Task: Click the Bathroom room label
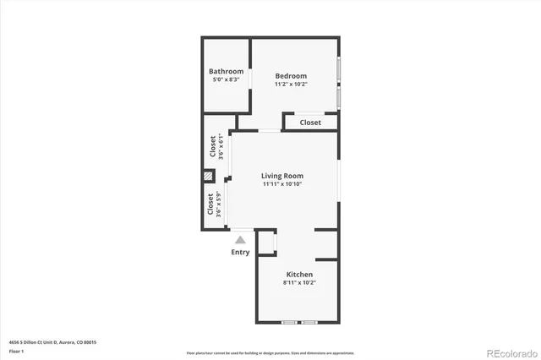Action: pyautogui.click(x=227, y=71)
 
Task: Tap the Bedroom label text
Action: pyautogui.click(x=290, y=75)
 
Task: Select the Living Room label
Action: pyautogui.click(x=281, y=176)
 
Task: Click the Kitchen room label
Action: pyautogui.click(x=299, y=275)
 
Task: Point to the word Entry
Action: pyautogui.click(x=240, y=252)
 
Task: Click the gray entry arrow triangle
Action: pyautogui.click(x=240, y=240)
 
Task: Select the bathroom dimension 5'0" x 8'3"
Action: pyautogui.click(x=227, y=79)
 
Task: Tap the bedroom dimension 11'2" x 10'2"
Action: pyautogui.click(x=290, y=84)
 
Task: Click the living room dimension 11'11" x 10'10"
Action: pyautogui.click(x=281, y=184)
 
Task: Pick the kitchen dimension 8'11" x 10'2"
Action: pyautogui.click(x=299, y=283)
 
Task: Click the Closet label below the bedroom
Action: pyautogui.click(x=310, y=123)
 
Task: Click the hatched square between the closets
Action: pyautogui.click(x=208, y=177)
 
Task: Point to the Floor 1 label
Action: pyautogui.click(x=16, y=350)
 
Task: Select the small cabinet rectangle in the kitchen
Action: pyautogui.click(x=268, y=242)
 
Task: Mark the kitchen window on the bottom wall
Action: pyautogui.click(x=299, y=323)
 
